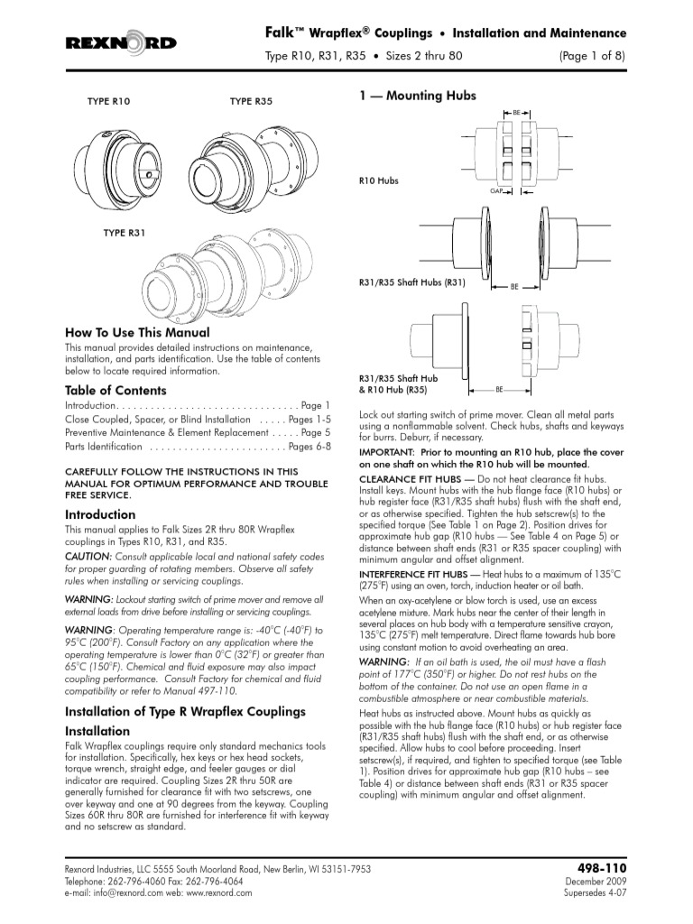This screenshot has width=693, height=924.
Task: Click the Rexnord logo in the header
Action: [x=121, y=43]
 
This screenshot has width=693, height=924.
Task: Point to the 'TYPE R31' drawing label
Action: [x=125, y=233]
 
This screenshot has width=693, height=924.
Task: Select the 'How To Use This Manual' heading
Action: [x=137, y=332]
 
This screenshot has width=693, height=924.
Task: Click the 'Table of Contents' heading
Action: [x=115, y=391]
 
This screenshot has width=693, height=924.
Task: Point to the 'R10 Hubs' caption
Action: [x=378, y=180]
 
